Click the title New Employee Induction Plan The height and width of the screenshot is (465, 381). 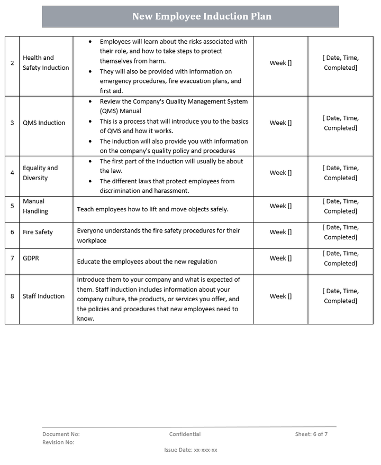[202, 16]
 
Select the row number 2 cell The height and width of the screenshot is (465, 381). [12, 63]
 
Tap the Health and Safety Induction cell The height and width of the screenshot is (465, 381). [46, 63]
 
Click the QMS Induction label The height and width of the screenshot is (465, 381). [44, 123]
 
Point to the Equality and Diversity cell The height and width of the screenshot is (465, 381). [40, 173]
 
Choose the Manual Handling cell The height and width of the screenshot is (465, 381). [35, 206]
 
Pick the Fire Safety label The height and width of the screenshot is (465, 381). [38, 232]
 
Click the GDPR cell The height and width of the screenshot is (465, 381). [31, 258]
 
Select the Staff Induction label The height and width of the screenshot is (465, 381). [43, 296]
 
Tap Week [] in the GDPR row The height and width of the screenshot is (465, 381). [280, 258]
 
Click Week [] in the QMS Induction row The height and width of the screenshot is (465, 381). [280, 123]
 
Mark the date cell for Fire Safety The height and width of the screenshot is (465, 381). [340, 232]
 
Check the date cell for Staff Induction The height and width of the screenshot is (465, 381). [340, 296]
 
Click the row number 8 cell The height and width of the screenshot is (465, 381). [12, 296]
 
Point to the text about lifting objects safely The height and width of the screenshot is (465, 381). [153, 209]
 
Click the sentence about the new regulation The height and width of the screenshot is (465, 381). [147, 261]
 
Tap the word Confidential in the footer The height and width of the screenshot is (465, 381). [185, 434]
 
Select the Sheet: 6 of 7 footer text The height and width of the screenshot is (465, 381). [311, 434]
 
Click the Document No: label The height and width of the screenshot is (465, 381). [61, 434]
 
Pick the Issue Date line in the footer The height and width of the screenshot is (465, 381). [190, 450]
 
